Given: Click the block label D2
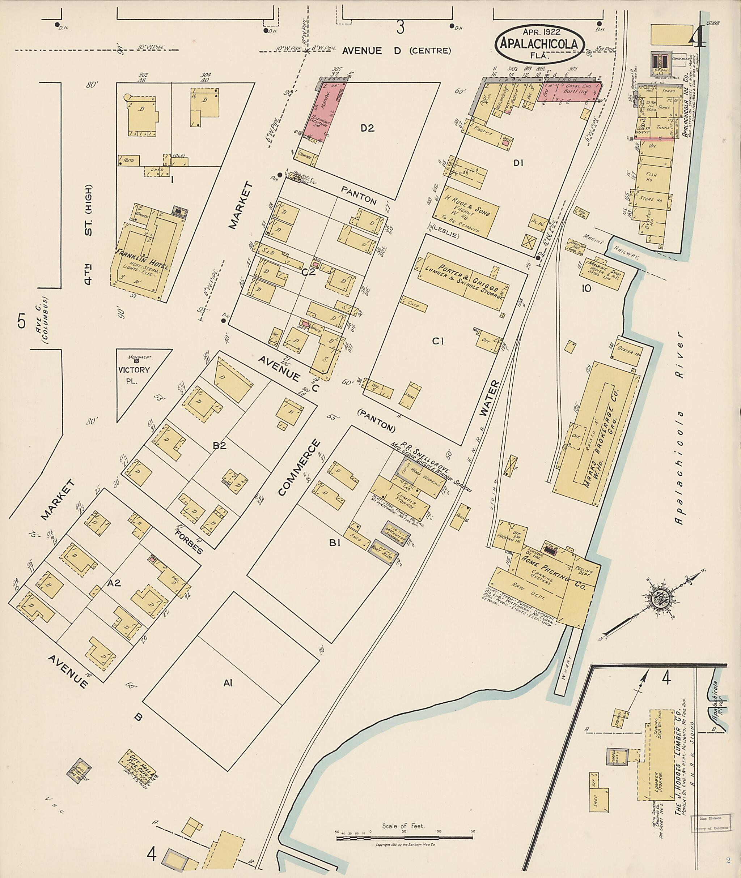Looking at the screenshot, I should coord(367,128).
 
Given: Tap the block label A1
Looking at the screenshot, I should coord(228,683).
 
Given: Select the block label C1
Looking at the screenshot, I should coord(438,342).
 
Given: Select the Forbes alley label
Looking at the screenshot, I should coord(189,542).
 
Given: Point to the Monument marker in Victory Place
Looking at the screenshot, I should coord(140,359).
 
